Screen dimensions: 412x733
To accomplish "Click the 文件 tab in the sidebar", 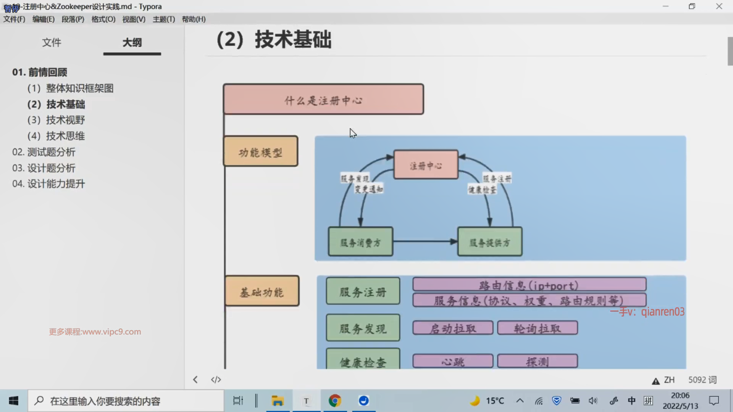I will click(x=52, y=42).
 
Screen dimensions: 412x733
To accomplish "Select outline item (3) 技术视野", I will click(x=56, y=120).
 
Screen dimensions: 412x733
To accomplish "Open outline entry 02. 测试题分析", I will click(x=44, y=152).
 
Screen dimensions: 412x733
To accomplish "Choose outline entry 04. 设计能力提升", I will click(x=48, y=184).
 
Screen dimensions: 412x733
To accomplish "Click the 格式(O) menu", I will click(x=103, y=19).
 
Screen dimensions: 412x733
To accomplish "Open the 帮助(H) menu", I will click(x=194, y=19).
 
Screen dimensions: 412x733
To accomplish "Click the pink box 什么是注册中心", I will click(x=323, y=99).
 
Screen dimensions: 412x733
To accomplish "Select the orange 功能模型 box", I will click(x=260, y=151).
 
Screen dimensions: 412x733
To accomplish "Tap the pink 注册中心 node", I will click(x=426, y=165).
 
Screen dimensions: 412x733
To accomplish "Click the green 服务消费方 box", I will click(x=360, y=242).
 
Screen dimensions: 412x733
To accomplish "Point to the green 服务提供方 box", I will click(x=490, y=242).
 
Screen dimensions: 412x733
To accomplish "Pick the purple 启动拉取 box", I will click(x=453, y=328).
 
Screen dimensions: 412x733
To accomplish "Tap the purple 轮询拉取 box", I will click(x=537, y=328).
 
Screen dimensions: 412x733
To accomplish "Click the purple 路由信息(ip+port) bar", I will click(x=529, y=285).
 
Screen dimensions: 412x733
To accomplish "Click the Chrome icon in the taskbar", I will click(x=335, y=401).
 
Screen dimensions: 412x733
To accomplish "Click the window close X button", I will click(x=719, y=6).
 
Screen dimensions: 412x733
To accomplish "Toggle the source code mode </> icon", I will click(x=216, y=380).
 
